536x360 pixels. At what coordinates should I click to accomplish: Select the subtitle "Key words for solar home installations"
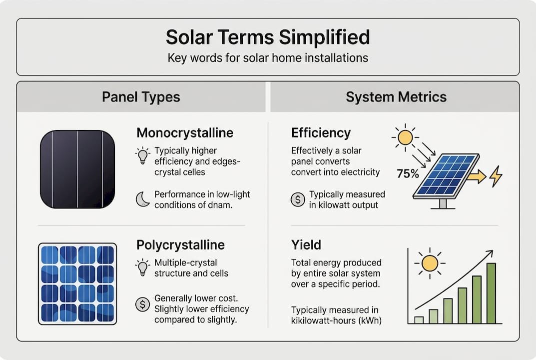[268, 57]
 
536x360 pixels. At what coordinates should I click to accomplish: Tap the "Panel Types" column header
[141, 97]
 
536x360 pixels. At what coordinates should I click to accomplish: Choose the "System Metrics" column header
[396, 97]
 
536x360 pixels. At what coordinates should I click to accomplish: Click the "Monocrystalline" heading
[185, 133]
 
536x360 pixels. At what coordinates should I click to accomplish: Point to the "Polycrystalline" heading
[180, 245]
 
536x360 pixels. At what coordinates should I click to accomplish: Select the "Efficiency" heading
[321, 133]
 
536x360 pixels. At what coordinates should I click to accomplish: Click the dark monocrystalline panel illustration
[77, 169]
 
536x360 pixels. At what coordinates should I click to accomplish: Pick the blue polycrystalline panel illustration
[77, 283]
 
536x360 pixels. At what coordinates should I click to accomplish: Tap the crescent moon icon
[142, 199]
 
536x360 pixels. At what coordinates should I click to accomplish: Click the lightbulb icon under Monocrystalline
[142, 155]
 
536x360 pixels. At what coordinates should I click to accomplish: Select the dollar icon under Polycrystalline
[142, 304]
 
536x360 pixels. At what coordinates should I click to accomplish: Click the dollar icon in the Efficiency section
[297, 199]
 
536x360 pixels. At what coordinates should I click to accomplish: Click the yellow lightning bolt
[496, 176]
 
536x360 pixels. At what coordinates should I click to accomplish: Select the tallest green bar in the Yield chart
[491, 293]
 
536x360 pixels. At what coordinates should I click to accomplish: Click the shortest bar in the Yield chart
[419, 319]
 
